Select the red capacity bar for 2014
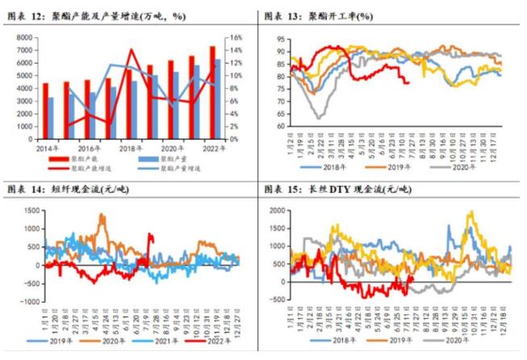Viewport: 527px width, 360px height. [46, 111]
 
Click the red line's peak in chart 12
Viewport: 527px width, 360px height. [132, 50]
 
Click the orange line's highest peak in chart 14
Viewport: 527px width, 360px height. [102, 215]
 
